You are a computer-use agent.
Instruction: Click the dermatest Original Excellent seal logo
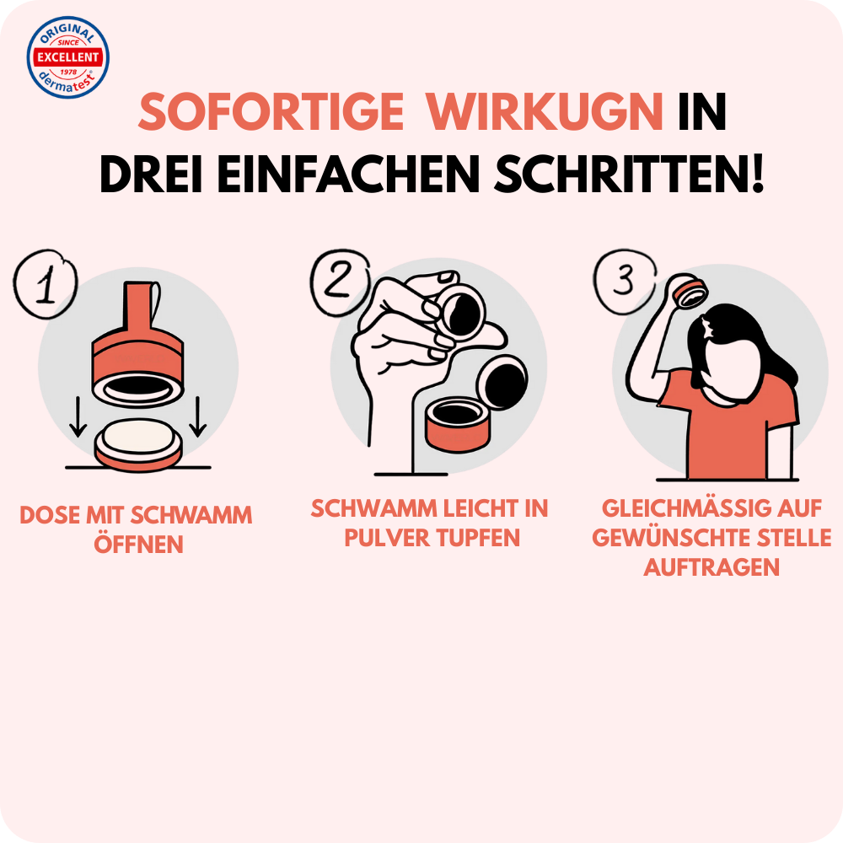[67, 57]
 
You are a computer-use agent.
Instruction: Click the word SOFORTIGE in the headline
[271, 112]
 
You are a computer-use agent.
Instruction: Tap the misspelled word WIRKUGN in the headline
[545, 112]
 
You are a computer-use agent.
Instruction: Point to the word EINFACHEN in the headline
[348, 175]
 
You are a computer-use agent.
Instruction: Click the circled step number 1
[46, 284]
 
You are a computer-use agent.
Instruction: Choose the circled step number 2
[340, 282]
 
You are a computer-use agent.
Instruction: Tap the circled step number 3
[624, 281]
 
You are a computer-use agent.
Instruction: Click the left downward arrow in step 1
[78, 416]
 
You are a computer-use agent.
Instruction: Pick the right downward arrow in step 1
[198, 416]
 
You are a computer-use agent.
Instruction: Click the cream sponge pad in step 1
[139, 437]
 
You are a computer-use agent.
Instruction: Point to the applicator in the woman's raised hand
[691, 290]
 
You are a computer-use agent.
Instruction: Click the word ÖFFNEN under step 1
[139, 544]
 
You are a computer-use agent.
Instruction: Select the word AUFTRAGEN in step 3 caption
[711, 567]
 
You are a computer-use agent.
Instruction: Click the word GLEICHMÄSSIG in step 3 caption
[675, 508]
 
